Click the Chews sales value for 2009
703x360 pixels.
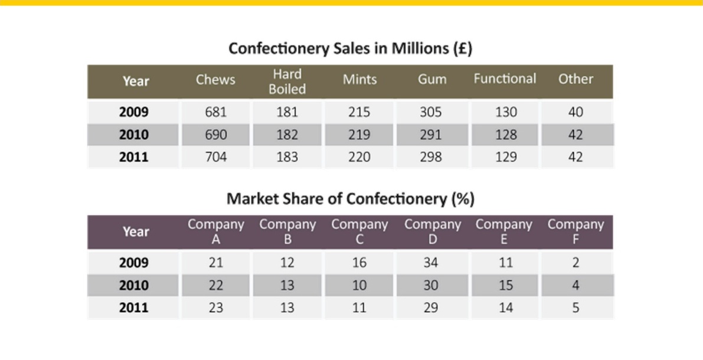pos(215,112)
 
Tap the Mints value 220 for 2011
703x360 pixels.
pos(359,157)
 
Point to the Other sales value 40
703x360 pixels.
pos(576,112)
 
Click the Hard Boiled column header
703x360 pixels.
pos(287,81)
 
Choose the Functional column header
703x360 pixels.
pos(505,79)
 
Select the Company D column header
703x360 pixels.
pos(432,232)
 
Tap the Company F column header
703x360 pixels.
pos(576,232)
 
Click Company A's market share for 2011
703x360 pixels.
pos(215,307)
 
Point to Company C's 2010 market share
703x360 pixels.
pos(359,285)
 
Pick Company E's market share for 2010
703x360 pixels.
pos(506,285)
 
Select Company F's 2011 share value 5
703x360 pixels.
pos(576,307)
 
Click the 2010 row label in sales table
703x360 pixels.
pos(133,135)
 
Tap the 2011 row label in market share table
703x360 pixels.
pos(133,307)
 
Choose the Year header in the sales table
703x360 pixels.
pos(136,81)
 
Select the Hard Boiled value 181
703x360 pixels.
pos(287,112)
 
